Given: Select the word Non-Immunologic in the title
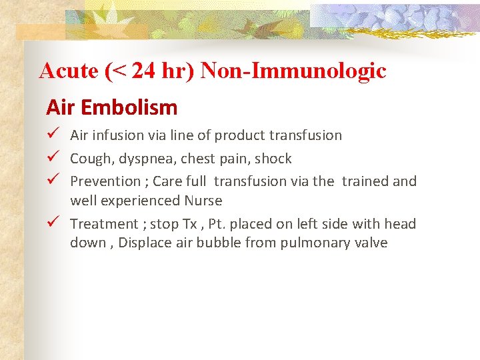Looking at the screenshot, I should [293, 71].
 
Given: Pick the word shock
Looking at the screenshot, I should [273, 159].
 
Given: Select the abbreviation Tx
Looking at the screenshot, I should [189, 224].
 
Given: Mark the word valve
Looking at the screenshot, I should [370, 243].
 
